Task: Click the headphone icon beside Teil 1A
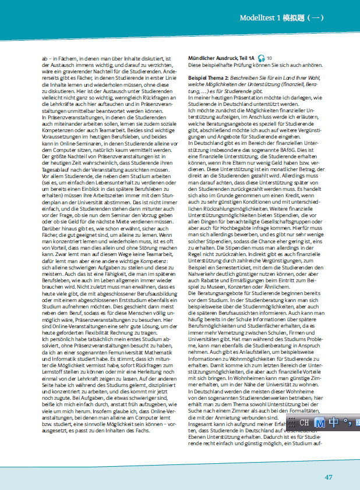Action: tap(262, 58)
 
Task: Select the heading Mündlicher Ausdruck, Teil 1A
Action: tap(222, 58)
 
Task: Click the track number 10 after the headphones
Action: tap(270, 58)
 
